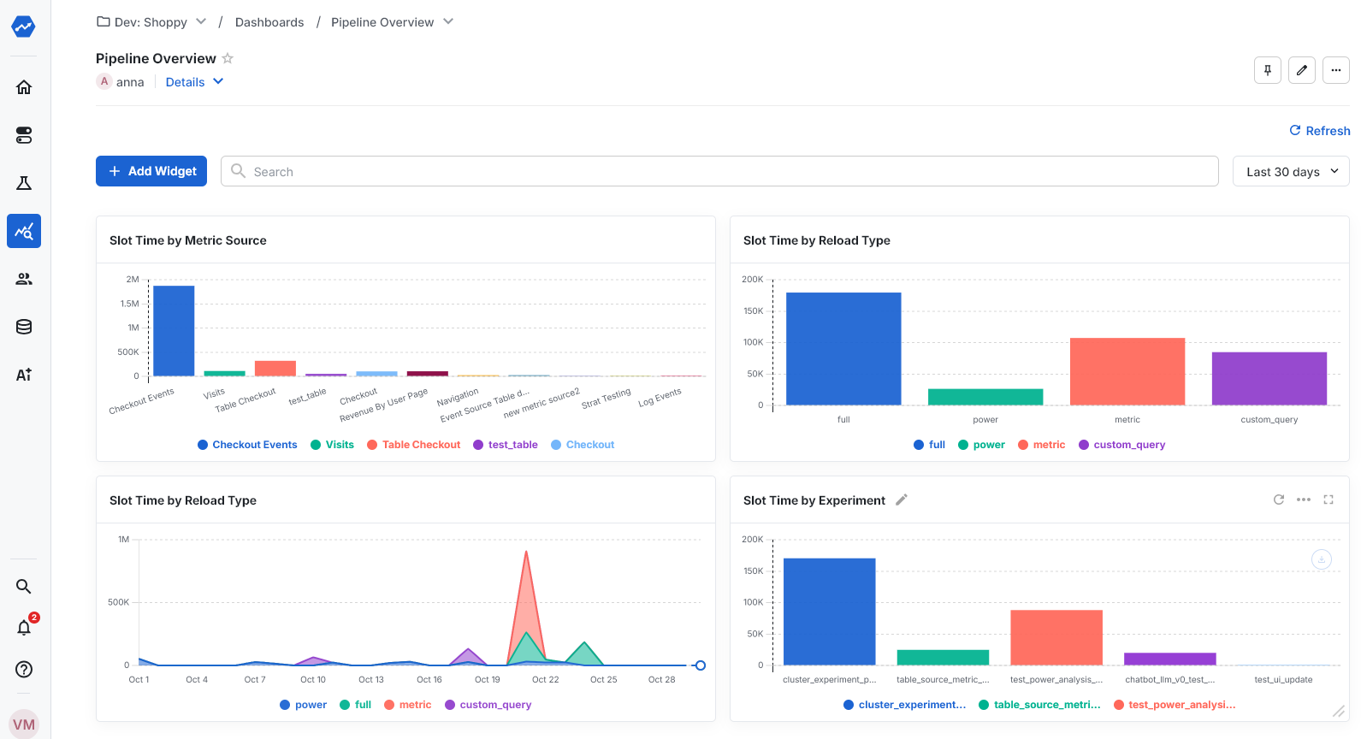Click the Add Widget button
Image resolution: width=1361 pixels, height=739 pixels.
(151, 171)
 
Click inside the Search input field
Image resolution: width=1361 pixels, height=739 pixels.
(719, 171)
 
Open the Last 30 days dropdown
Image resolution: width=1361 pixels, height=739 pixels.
(1290, 171)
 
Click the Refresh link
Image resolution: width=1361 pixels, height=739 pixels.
(1319, 131)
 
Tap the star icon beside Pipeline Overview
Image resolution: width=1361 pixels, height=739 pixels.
(228, 58)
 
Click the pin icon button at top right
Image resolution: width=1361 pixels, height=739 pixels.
(1267, 70)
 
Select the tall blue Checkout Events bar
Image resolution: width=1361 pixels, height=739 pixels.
(174, 330)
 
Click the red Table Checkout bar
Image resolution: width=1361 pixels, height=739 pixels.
(275, 368)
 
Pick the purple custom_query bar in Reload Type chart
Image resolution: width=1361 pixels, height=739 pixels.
(1269, 378)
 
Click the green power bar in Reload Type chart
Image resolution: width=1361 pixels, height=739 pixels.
(985, 397)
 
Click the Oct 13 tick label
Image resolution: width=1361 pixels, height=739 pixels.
(371, 679)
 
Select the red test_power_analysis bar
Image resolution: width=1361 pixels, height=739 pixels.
(1056, 636)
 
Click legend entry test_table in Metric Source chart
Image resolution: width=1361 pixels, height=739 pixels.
(512, 445)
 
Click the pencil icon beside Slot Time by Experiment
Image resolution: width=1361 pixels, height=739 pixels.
(901, 500)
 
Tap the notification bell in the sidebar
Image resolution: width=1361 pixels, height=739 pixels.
(24, 628)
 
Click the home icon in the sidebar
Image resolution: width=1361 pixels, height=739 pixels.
(24, 87)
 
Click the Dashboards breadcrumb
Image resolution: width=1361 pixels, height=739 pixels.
(269, 22)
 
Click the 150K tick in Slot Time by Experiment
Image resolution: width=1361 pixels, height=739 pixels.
(753, 571)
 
